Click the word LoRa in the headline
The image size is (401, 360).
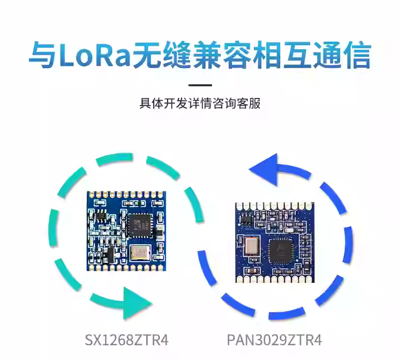pos(94,54)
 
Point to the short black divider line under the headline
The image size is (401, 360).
pos(200,85)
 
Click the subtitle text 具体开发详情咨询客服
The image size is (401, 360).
pos(200,104)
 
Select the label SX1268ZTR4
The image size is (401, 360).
pos(126,340)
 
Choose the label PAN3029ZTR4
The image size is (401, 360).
pos(275,340)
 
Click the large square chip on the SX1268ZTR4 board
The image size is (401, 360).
pos(139,225)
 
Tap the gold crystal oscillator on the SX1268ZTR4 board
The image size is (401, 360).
pos(140,252)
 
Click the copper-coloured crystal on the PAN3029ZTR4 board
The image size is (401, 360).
pos(252,245)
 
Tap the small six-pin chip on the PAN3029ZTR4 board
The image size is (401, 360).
pos(246,219)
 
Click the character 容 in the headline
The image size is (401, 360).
pos(238,55)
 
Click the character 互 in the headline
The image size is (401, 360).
pos(297,55)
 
